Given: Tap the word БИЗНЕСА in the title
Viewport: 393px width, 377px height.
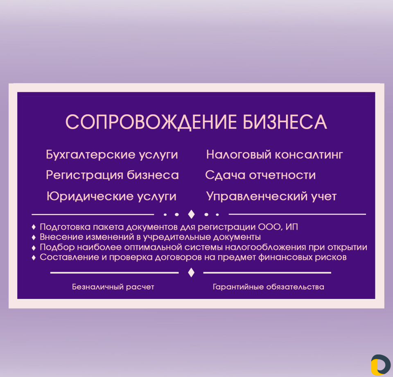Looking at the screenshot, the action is [x=285, y=122].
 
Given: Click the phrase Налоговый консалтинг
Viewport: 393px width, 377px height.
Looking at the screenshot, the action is [x=274, y=154].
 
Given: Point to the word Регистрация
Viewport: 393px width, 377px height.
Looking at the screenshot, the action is [x=85, y=175].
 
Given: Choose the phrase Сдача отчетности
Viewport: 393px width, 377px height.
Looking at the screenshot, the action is [x=260, y=175].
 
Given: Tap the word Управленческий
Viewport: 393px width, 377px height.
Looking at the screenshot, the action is [x=257, y=196].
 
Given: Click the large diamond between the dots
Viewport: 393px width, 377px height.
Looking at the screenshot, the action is [x=191, y=214].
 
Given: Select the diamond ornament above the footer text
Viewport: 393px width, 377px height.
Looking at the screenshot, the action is [x=191, y=273].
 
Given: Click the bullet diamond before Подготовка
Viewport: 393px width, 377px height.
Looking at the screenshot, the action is [x=34, y=227].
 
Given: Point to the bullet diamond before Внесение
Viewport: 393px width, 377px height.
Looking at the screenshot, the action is [x=34, y=237].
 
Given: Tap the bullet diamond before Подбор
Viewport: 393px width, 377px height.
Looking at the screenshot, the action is [x=34, y=248].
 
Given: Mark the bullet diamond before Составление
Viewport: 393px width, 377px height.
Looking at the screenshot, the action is [x=34, y=257].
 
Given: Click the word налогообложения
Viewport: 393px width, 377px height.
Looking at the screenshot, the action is [x=265, y=248].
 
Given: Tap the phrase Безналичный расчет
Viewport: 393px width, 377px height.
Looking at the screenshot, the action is [x=113, y=287].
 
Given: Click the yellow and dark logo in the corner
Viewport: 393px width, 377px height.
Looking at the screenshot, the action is [x=381, y=365].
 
